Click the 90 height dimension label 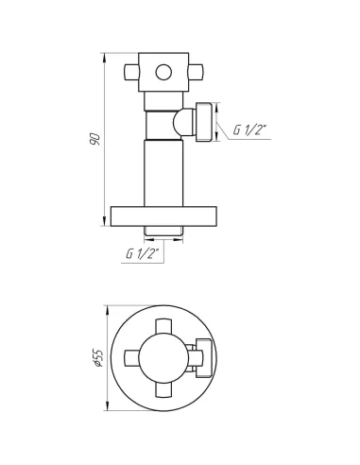[95, 139]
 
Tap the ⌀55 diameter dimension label [97, 358]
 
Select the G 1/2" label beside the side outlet [249, 129]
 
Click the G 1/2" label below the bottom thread [143, 253]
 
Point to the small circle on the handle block [163, 72]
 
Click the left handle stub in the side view [131, 72]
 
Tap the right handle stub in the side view [196, 72]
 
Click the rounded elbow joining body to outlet [184, 122]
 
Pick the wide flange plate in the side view [163, 216]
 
